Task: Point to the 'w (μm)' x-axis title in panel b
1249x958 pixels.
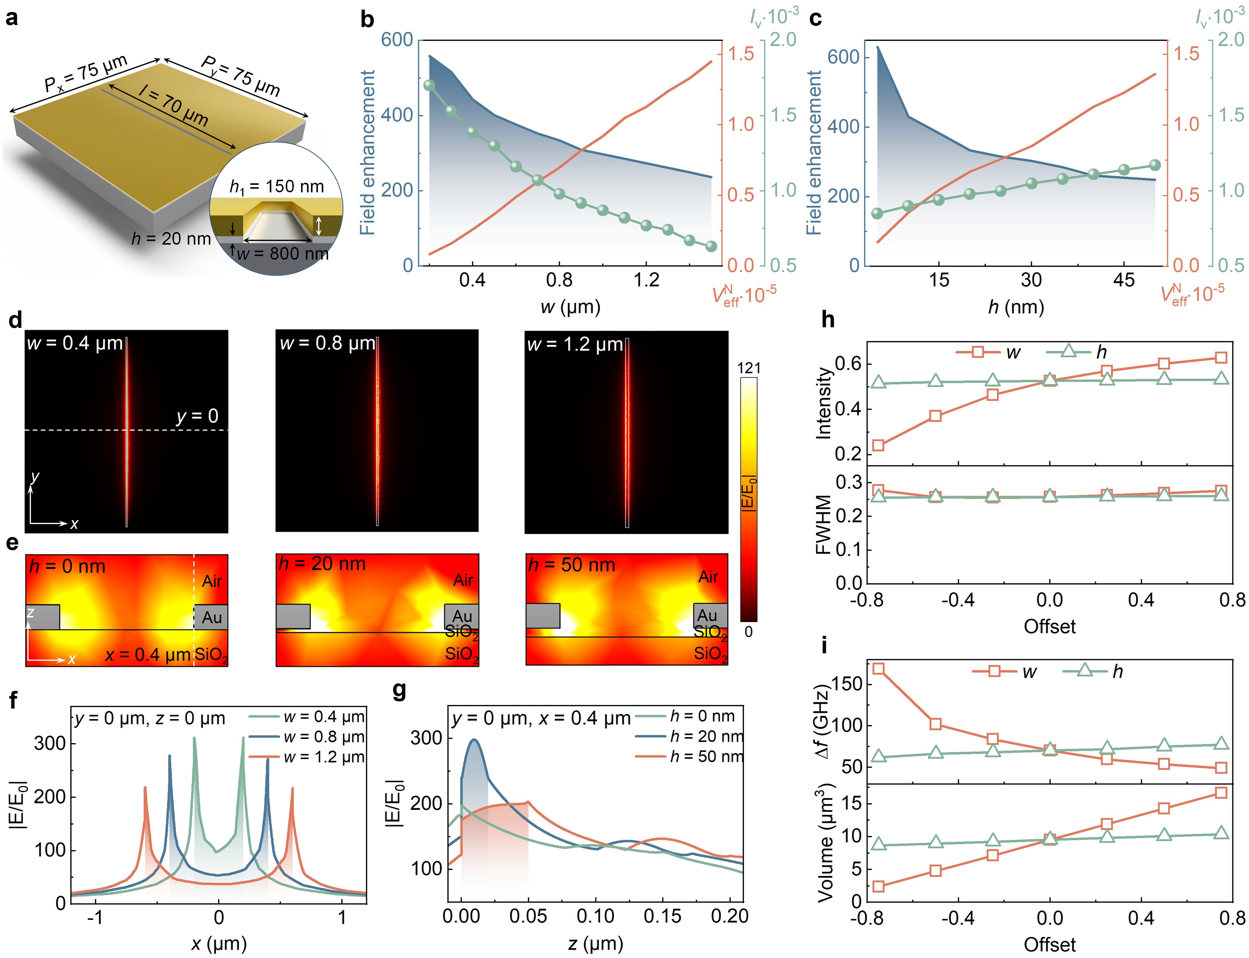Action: (570, 307)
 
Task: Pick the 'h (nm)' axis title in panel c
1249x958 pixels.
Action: (1016, 307)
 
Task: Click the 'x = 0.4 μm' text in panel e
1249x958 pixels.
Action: (148, 655)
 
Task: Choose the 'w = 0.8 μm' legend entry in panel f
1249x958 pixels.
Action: (324, 737)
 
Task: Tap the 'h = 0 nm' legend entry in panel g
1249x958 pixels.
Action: (702, 716)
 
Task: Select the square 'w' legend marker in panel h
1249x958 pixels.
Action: (977, 352)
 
